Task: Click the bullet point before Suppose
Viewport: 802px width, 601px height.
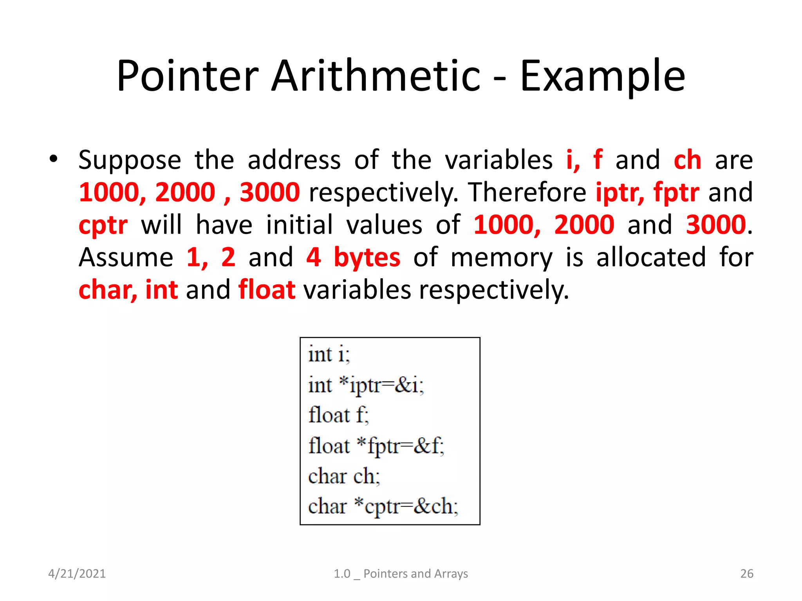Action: click(53, 159)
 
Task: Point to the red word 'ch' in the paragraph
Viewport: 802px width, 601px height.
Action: click(687, 160)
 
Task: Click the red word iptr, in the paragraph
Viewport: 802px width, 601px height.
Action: click(620, 193)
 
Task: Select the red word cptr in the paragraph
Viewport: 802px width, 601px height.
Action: click(103, 225)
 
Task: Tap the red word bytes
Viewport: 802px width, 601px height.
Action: click(367, 257)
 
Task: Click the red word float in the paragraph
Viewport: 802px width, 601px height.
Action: click(267, 290)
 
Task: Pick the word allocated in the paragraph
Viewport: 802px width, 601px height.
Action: click(651, 257)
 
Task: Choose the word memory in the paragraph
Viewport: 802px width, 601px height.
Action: click(502, 258)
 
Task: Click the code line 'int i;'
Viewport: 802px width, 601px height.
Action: click(329, 354)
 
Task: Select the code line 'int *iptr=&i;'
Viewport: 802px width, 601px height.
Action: click(366, 385)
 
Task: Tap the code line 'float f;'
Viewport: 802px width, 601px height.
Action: click(338, 415)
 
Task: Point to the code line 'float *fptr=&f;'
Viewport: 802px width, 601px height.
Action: click(376, 446)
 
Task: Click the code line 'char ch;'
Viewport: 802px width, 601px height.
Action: click(344, 477)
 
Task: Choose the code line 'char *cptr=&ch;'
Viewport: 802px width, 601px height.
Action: click(383, 507)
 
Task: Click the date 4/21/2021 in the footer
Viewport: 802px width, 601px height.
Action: click(77, 574)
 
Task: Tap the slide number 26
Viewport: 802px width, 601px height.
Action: click(746, 574)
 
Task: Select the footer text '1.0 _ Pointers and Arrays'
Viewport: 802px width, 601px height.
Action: click(401, 574)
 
